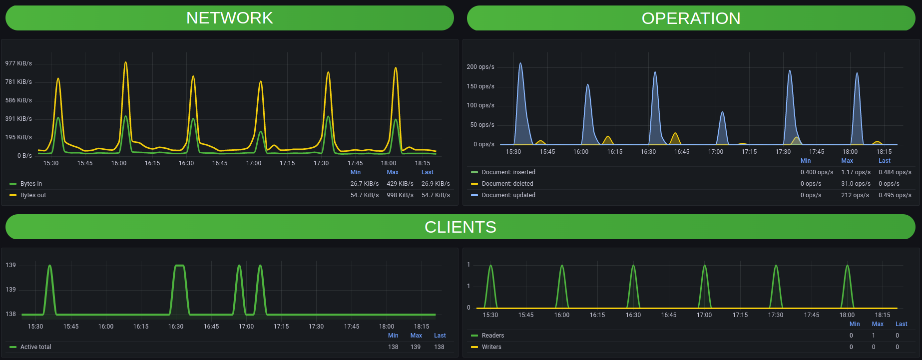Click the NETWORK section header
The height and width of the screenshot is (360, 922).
click(x=229, y=18)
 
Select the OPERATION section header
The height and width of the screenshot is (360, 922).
click(x=691, y=18)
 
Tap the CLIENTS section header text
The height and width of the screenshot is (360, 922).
click(x=460, y=227)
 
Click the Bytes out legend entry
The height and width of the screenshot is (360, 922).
click(x=33, y=195)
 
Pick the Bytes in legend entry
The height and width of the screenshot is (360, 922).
click(x=31, y=184)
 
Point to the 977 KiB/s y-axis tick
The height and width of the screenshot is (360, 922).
click(x=18, y=63)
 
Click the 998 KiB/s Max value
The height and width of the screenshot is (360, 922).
click(x=400, y=195)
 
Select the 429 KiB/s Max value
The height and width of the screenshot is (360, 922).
click(x=400, y=184)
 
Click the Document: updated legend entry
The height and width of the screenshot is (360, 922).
click(x=508, y=195)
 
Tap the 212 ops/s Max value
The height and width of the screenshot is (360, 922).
click(x=855, y=195)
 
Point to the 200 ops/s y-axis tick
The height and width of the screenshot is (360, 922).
click(x=480, y=67)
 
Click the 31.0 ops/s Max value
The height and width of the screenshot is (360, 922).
click(x=856, y=184)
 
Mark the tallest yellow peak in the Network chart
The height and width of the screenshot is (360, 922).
click(x=125, y=62)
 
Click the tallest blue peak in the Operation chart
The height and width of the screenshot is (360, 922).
click(x=520, y=63)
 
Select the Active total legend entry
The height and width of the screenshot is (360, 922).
click(x=35, y=347)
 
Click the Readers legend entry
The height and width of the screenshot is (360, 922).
click(x=492, y=336)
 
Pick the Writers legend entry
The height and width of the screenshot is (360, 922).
click(x=491, y=347)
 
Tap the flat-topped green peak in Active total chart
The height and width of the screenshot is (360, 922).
click(x=179, y=266)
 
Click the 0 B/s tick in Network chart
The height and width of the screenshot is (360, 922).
click(x=24, y=156)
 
